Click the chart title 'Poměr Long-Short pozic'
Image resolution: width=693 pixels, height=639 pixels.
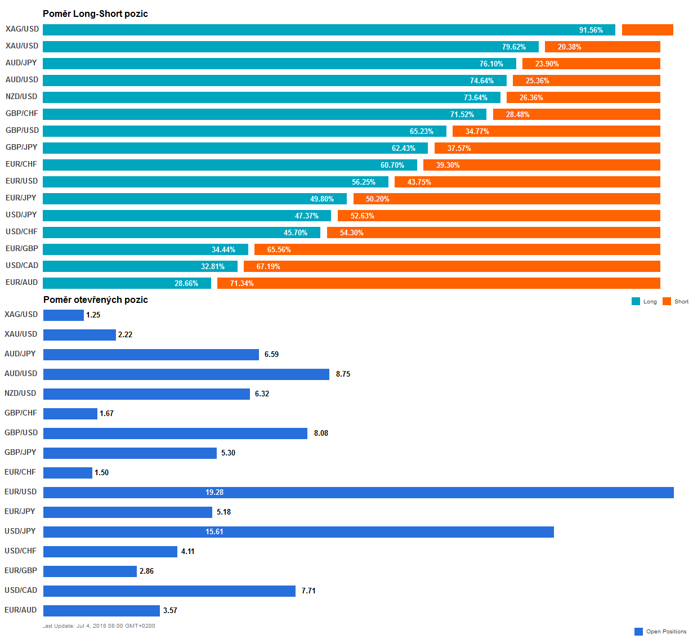[95, 14]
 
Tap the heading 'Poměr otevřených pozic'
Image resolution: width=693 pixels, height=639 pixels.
[96, 300]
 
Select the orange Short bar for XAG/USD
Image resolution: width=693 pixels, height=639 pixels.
[647, 30]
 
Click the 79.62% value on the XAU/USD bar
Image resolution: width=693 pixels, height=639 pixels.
[514, 47]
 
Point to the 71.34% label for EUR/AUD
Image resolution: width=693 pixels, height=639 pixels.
[242, 283]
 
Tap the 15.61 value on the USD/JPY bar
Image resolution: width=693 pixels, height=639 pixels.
[214, 532]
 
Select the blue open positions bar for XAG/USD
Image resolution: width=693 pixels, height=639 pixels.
[63, 315]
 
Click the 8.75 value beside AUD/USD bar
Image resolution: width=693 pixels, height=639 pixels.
[343, 374]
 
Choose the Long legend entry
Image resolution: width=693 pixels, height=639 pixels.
[645, 302]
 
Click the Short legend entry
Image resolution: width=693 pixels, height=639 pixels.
[676, 302]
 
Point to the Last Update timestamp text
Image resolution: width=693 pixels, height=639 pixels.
[99, 626]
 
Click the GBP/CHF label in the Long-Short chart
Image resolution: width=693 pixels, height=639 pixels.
[22, 114]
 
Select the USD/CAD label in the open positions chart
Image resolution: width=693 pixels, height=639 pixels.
[21, 591]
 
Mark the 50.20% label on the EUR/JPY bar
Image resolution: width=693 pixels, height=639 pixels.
[378, 199]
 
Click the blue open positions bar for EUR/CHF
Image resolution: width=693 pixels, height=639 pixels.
[68, 473]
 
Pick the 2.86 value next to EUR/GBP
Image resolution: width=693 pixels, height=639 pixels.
[146, 571]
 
